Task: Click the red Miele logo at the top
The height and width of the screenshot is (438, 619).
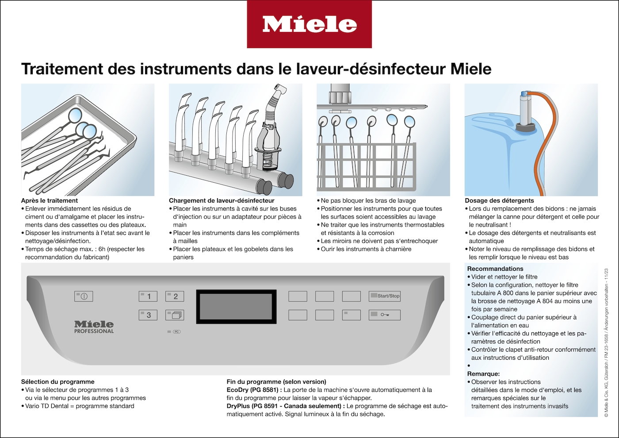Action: tap(309, 24)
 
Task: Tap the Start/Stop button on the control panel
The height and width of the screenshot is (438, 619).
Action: tap(385, 296)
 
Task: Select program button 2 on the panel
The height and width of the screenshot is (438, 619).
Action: tap(175, 296)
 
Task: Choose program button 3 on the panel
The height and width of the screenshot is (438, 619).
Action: tap(148, 315)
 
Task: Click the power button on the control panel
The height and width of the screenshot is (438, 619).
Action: tap(84, 296)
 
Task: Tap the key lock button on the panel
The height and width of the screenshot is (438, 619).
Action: tap(385, 315)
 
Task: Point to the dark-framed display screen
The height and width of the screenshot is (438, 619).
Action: tap(237, 305)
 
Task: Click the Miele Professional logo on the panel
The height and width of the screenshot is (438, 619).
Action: tap(94, 327)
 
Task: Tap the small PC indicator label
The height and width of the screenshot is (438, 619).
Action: tap(176, 331)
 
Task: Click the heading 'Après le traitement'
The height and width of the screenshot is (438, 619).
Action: tap(50, 200)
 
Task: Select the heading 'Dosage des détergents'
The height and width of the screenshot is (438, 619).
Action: tap(499, 200)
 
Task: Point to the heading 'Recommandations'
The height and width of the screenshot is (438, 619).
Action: tap(495, 269)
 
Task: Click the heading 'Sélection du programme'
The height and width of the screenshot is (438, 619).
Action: tap(58, 381)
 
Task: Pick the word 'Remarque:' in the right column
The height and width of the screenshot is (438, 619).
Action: tap(483, 374)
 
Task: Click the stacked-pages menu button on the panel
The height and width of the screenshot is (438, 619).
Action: tap(175, 315)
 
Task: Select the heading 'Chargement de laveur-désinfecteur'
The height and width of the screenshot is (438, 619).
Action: tap(222, 200)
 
